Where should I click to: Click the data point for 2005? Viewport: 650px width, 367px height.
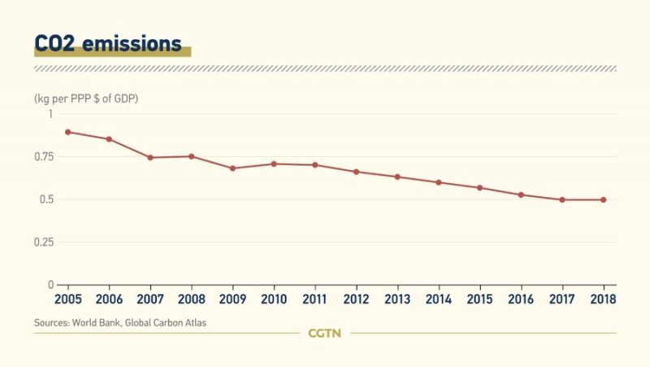coord(67,132)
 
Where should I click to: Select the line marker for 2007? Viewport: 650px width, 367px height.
coord(150,157)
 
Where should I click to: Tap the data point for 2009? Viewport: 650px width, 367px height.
coord(232,168)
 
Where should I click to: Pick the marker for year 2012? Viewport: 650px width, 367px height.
coord(356,172)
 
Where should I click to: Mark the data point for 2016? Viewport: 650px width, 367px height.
coord(521,194)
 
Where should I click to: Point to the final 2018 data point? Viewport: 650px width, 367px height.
coord(603,199)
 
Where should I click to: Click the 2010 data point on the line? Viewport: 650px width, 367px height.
coord(274,164)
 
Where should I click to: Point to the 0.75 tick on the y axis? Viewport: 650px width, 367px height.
coord(42,157)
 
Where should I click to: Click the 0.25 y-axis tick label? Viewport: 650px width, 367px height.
coord(42,242)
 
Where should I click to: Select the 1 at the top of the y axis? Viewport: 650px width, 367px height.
coord(49,114)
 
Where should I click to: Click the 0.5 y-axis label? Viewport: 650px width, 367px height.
coord(45,200)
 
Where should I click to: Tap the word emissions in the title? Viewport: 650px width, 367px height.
coord(136,43)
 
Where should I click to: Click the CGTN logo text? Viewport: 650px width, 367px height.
coord(325,333)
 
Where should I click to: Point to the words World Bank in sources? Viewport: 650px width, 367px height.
coord(99,323)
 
